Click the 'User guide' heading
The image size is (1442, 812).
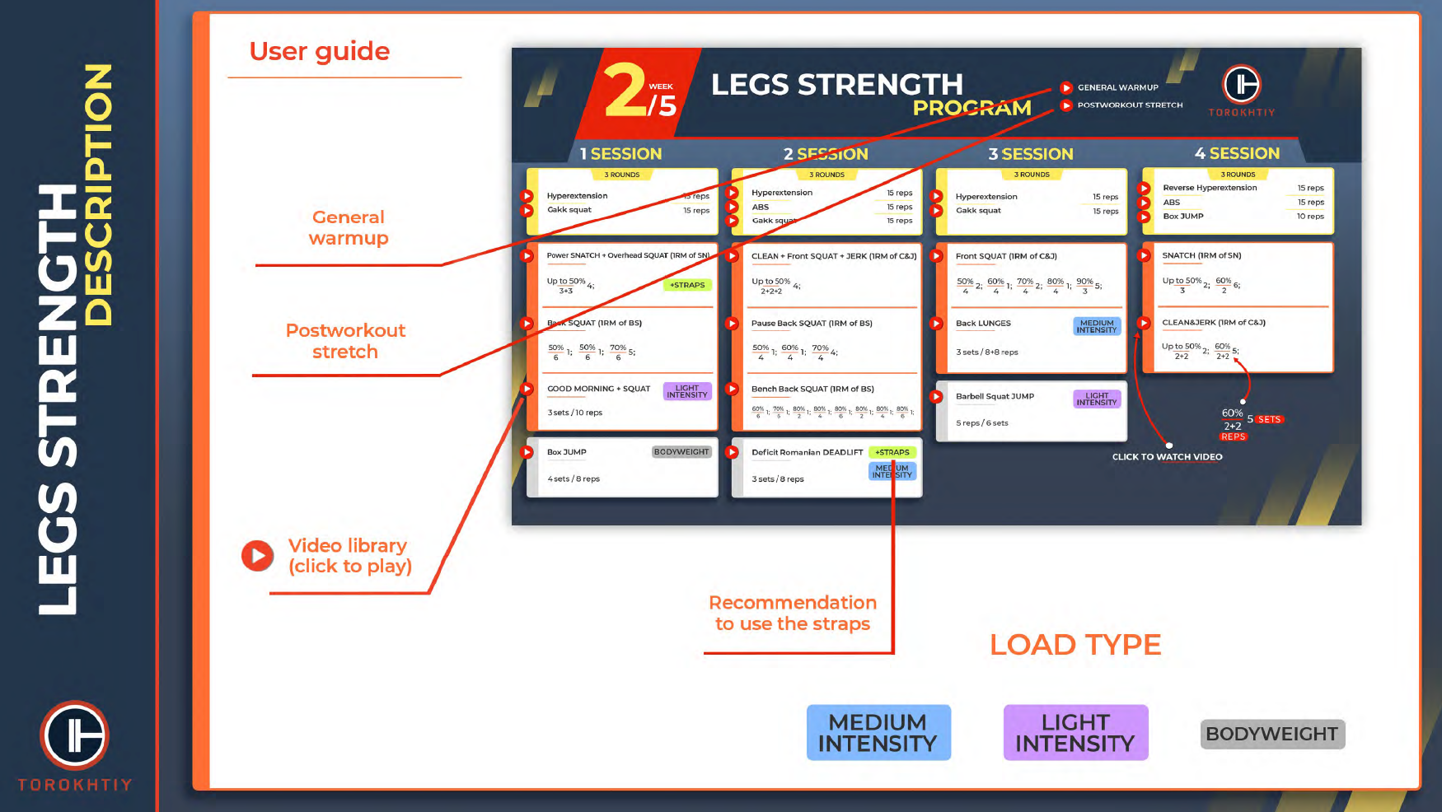pos(320,52)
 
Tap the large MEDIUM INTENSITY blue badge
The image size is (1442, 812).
pos(878,732)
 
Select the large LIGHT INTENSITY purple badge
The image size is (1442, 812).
pos(1075,732)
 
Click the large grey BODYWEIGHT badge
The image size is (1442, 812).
pos(1272,734)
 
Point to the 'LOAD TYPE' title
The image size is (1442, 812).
pos(1075,645)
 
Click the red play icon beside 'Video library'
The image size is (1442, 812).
pos(258,556)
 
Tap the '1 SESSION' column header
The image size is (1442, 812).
pos(620,154)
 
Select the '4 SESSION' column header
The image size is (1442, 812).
pos(1237,153)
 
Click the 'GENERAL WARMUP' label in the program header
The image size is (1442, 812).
pos(1117,87)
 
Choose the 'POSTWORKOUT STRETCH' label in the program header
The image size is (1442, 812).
pos(1130,105)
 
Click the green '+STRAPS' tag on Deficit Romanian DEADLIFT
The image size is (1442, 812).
pos(892,452)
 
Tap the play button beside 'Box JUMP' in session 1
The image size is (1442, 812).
pos(527,452)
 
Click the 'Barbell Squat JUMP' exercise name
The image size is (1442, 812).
pos(995,397)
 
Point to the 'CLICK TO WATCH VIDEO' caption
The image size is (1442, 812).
pos(1167,457)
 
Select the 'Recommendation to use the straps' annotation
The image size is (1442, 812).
pos(793,614)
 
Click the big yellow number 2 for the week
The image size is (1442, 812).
pos(625,91)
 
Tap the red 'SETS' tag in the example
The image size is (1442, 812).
pos(1269,420)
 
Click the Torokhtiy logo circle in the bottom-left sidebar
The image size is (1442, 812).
pos(75,735)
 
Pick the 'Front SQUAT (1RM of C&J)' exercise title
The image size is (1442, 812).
pos(1006,256)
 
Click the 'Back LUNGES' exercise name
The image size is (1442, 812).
pos(983,324)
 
